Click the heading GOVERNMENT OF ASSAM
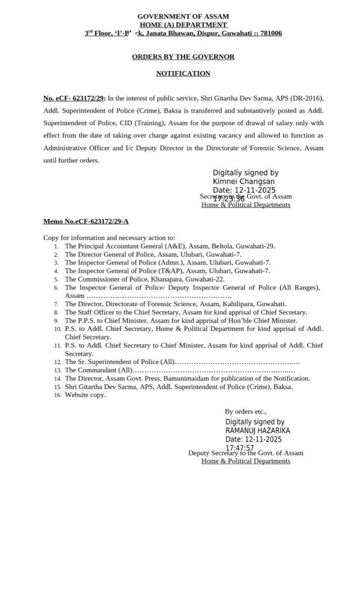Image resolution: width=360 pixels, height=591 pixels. coord(183,17)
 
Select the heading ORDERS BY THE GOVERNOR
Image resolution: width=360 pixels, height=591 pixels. coord(183,57)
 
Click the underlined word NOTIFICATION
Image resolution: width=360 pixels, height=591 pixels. coord(183,73)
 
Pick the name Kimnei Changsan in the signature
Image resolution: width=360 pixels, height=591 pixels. coord(244,181)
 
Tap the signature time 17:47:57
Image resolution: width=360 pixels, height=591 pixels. coord(240,448)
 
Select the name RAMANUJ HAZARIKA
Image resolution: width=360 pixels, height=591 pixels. coord(258,430)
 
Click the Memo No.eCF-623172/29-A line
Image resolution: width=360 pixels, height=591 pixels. coord(86,221)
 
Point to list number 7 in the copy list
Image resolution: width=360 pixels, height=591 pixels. coord(56,304)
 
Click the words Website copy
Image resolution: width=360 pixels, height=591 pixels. coord(85,395)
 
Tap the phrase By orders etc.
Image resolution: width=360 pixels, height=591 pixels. coord(246,411)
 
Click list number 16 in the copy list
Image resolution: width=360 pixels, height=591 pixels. coord(57,395)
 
